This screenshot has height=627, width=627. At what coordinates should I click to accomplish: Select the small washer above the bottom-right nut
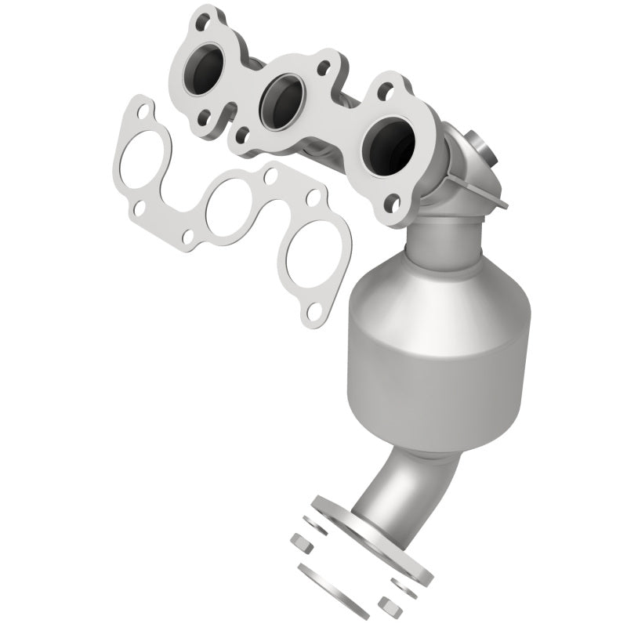click(x=400, y=584)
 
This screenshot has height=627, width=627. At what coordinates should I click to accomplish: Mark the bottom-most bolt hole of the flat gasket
click(x=313, y=313)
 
